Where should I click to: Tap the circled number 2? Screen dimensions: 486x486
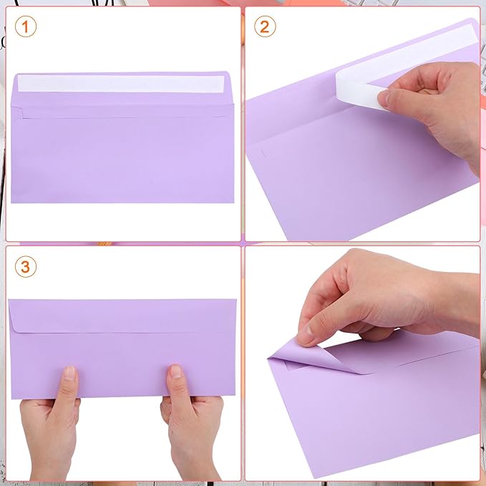click(266, 26)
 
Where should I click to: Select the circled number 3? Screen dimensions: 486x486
click(25, 267)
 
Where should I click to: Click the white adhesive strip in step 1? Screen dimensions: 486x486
click(122, 83)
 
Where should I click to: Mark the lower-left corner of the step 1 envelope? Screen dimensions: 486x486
click(13, 202)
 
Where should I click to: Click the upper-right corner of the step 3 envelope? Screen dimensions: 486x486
click(235, 300)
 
